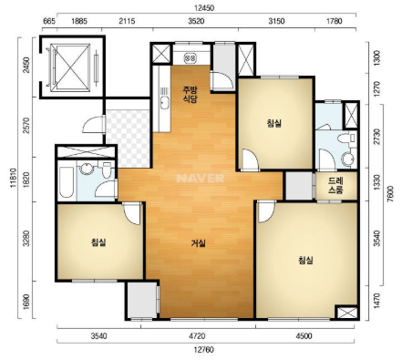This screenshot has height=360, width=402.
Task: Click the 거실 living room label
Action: tap(199, 243)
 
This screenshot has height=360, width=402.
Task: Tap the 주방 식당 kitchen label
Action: tap(190, 94)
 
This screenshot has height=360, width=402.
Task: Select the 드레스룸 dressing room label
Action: tap(335, 186)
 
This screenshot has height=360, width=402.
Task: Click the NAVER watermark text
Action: tap(201, 178)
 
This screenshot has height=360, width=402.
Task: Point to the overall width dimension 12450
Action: tap(204, 8)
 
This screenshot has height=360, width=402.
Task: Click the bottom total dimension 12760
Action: tap(203, 350)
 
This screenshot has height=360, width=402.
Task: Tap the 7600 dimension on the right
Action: tap(391, 193)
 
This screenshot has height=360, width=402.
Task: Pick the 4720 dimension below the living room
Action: tap(197, 336)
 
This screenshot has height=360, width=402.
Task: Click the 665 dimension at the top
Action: tap(49, 21)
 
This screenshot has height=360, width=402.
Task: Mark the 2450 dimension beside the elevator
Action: tap(27, 65)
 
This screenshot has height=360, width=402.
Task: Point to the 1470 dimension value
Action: tap(376, 301)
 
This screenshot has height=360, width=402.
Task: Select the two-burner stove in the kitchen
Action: tap(191, 57)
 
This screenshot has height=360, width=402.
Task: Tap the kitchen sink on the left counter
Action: tap(164, 102)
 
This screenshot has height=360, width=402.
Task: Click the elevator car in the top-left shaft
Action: tap(70, 67)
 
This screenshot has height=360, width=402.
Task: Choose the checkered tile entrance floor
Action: tap(128, 139)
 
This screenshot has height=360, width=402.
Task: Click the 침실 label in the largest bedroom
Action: tap(306, 261)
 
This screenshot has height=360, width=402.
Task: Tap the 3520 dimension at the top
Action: tap(196, 21)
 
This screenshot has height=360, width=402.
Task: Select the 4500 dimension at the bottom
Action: tap(304, 336)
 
